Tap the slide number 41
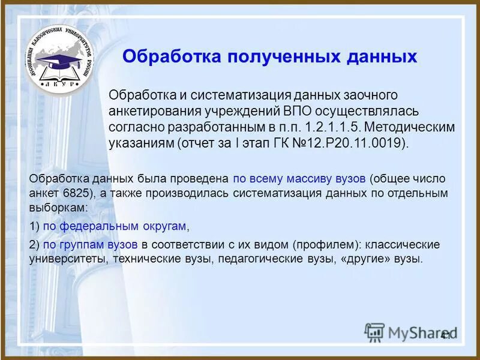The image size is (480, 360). (x=445, y=335)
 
